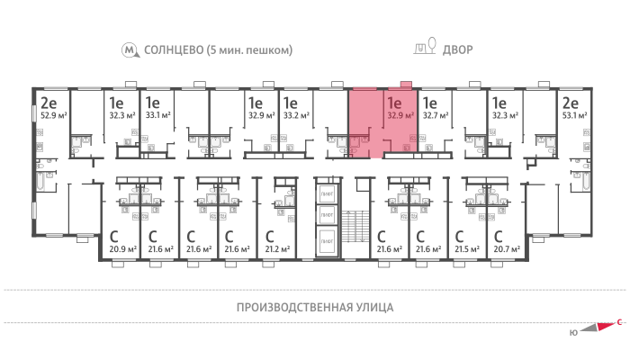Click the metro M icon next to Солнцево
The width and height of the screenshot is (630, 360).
tap(132, 49)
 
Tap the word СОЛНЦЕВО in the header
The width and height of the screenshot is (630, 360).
tap(172, 49)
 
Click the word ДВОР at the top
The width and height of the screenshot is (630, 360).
tap(457, 49)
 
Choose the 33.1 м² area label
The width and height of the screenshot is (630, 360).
tap(157, 115)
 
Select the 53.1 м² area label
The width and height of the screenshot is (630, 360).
tap(573, 115)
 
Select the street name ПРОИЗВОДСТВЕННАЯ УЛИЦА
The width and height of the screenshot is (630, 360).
tap(315, 307)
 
